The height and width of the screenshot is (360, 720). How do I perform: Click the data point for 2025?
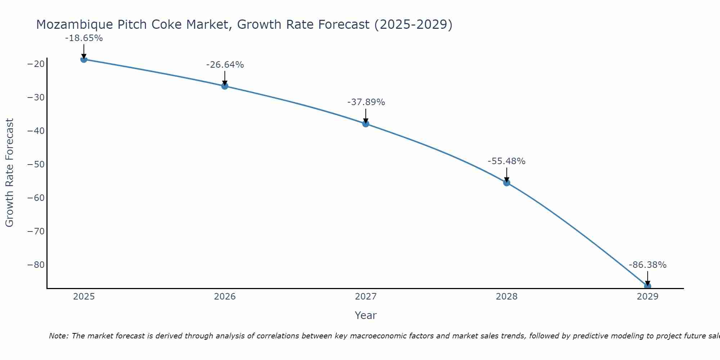click(84, 59)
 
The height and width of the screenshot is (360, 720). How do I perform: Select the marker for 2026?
click(225, 86)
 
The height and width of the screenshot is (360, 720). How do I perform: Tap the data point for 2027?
click(366, 124)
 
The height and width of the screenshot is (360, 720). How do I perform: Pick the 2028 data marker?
click(507, 183)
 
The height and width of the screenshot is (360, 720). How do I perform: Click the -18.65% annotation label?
click(84, 38)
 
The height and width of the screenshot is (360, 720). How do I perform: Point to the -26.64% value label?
click(225, 65)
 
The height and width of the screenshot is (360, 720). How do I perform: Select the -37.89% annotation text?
click(366, 102)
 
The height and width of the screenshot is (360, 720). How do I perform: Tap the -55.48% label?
click(507, 161)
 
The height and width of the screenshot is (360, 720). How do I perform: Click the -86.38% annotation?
click(648, 265)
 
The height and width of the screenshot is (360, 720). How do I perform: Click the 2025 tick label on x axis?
click(84, 297)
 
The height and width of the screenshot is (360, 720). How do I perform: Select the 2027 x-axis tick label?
click(366, 297)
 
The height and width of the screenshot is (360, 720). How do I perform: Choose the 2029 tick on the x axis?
click(648, 297)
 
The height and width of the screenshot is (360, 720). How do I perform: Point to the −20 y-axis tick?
click(36, 64)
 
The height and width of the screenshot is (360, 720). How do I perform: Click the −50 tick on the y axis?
click(36, 165)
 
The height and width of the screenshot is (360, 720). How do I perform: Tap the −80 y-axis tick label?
click(36, 265)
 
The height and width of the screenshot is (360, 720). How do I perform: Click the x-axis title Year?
click(366, 315)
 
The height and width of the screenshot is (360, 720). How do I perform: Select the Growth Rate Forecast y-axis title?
click(9, 173)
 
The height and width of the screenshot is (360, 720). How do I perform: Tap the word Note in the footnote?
click(58, 336)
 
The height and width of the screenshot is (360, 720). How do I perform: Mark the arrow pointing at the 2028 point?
click(507, 175)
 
